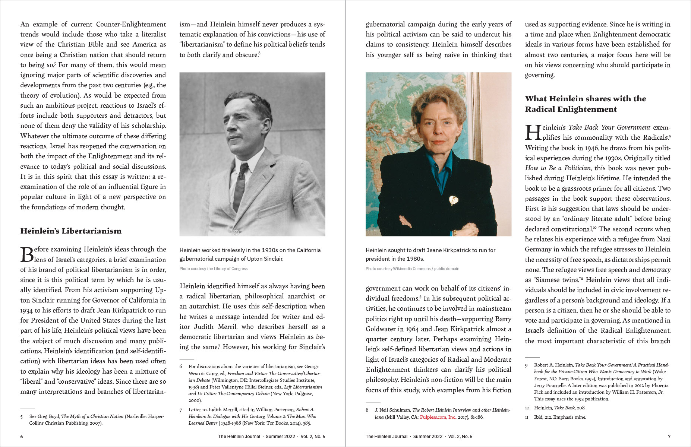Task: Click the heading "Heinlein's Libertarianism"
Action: point(71,231)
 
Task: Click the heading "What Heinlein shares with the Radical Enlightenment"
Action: point(585,104)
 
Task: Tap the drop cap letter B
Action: point(27,255)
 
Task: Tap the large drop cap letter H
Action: point(533,133)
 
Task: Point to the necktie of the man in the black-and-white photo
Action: point(240,183)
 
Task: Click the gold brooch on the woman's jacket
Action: point(453,200)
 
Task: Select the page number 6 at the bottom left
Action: point(22,437)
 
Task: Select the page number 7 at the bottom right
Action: point(669,437)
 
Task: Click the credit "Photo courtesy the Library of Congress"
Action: point(213,269)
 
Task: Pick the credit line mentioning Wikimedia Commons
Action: point(412,269)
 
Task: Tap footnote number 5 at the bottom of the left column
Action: point(22,416)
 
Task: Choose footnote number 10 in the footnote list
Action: point(527,408)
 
